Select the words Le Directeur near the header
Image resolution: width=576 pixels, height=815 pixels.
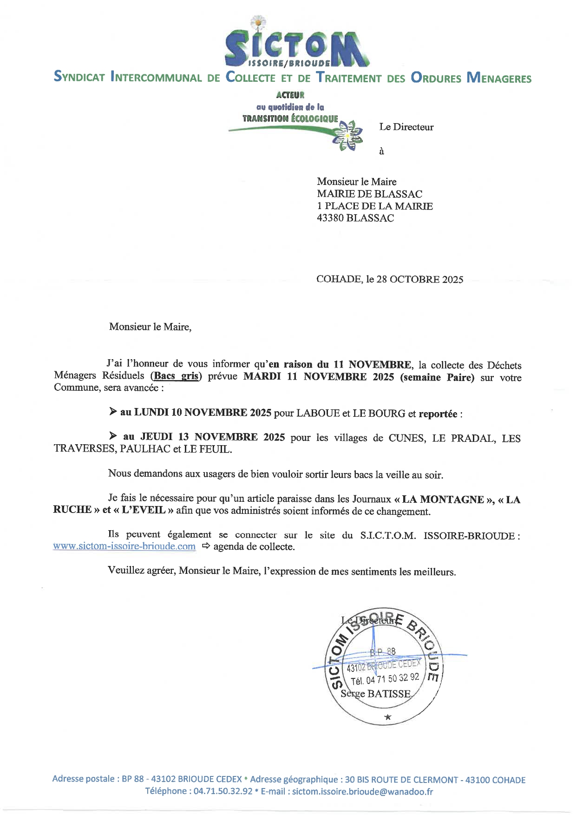tap(406, 127)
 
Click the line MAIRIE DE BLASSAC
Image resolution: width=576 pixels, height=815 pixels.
tap(369, 194)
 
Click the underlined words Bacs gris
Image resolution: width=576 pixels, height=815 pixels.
tap(176, 376)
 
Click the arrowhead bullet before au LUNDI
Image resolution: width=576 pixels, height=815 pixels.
tap(113, 411)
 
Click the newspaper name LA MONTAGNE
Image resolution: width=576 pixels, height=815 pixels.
tap(443, 500)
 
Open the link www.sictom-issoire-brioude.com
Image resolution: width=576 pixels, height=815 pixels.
tap(124, 546)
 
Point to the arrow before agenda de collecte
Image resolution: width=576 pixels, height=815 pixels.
tap(205, 546)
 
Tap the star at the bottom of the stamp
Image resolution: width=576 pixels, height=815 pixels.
tap(387, 717)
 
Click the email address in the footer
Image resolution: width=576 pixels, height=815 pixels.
tap(362, 792)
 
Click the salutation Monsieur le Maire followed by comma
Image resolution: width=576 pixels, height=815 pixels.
tap(150, 327)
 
